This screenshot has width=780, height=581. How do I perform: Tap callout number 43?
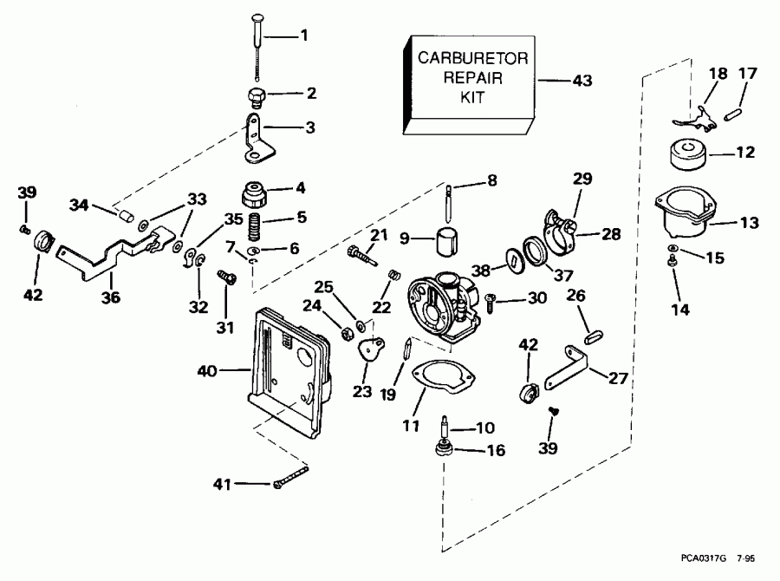point(582,81)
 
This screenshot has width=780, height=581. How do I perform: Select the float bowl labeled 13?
point(688,214)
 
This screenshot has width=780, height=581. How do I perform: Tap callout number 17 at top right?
point(747,74)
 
